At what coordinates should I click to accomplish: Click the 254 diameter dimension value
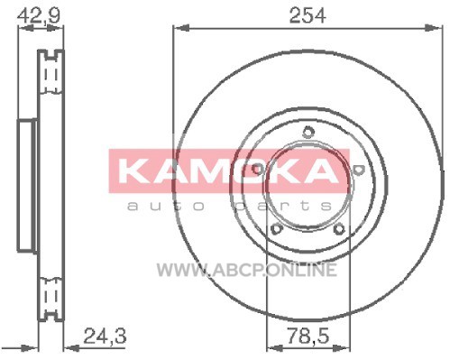(x=308, y=15)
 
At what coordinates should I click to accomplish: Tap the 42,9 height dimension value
(x=39, y=15)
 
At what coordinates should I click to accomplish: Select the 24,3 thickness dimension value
(x=105, y=336)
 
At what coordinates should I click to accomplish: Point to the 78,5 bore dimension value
(x=308, y=336)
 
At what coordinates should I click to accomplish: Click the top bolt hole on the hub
(x=308, y=132)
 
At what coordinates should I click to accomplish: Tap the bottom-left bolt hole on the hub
(x=277, y=229)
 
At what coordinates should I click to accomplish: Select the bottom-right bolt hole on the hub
(x=339, y=229)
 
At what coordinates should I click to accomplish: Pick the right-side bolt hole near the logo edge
(x=358, y=169)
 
